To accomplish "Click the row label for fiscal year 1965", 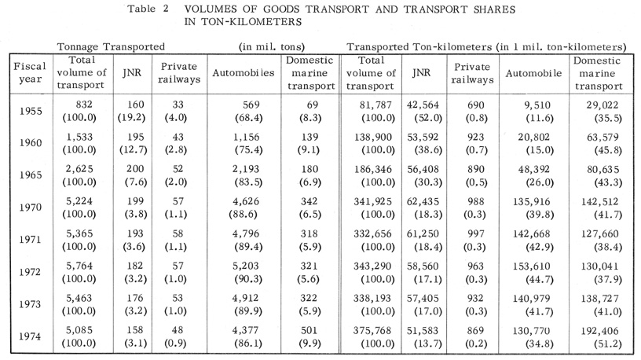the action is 31,175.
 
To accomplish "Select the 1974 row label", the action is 31,336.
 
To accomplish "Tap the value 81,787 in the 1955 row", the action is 375,105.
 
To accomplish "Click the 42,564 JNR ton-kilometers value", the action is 423,105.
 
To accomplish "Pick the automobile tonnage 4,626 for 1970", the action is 246,202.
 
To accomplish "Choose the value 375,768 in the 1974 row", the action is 372,331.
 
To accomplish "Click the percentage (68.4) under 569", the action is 248,118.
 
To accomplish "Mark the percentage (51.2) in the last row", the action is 608,343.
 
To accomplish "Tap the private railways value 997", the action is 476,234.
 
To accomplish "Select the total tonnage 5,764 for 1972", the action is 79,266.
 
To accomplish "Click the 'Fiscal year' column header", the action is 30,72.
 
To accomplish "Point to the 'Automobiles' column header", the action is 244,73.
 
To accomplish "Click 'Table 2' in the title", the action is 148,9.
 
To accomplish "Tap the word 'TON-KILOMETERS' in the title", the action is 251,22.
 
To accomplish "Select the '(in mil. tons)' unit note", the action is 272,47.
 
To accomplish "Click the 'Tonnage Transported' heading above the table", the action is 111,47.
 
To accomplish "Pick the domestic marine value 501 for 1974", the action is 309,331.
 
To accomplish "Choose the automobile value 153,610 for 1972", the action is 532,266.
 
